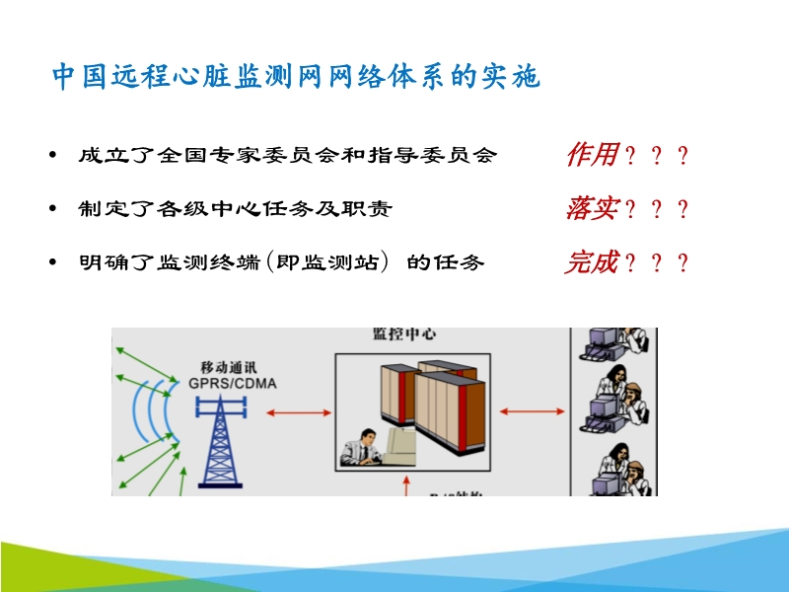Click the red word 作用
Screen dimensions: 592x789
click(592, 155)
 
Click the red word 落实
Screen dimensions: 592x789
click(592, 209)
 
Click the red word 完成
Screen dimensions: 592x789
click(592, 262)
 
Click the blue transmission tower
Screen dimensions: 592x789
click(220, 434)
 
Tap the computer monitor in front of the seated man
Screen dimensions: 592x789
click(400, 444)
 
